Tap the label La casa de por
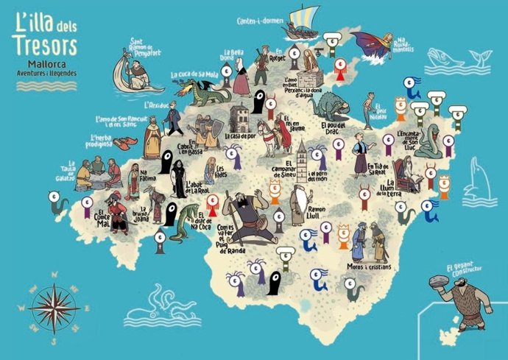coord(241,136)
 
